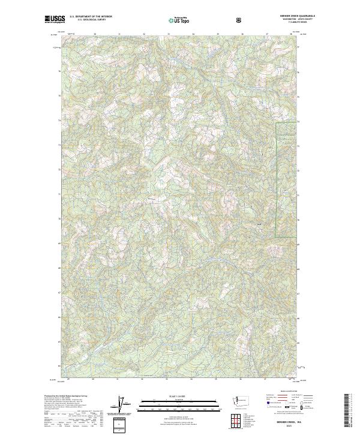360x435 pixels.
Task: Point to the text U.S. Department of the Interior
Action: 91,17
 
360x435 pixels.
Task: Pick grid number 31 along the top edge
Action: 119,34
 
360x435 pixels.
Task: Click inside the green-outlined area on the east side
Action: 286,180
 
